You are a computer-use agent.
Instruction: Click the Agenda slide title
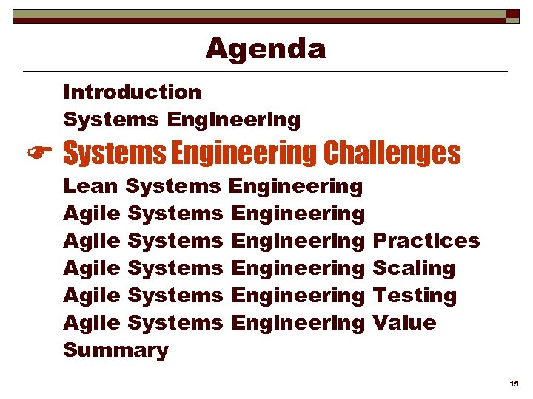click(265, 49)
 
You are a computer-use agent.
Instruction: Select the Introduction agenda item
click(132, 92)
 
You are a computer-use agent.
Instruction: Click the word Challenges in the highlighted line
click(392, 154)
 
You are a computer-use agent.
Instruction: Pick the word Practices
click(426, 241)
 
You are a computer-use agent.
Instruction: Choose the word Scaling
click(413, 269)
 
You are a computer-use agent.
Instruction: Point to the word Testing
click(414, 296)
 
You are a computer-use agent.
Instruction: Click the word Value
click(404, 323)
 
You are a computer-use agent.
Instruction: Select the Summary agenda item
click(115, 350)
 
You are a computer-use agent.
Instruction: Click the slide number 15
click(514, 384)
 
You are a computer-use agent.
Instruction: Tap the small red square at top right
click(512, 13)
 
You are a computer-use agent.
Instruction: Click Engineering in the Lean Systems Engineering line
click(297, 186)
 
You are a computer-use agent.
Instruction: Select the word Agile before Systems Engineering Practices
click(92, 241)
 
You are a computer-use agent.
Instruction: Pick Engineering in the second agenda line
click(234, 120)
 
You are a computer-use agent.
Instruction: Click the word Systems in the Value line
click(175, 323)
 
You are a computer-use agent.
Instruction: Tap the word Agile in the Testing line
click(92, 296)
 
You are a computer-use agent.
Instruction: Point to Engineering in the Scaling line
click(298, 268)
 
